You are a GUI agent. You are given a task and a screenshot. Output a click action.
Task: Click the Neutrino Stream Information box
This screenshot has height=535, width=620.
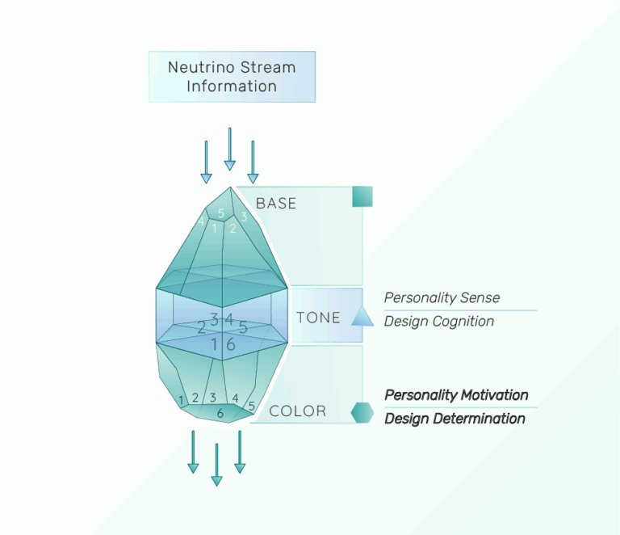(232, 77)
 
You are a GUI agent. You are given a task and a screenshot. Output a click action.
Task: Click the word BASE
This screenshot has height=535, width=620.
(276, 204)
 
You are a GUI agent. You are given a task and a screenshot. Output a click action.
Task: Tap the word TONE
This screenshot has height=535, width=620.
(318, 318)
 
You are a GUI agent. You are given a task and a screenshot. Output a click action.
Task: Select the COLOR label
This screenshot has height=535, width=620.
(297, 411)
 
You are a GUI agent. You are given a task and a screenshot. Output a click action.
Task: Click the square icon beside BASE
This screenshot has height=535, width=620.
(362, 196)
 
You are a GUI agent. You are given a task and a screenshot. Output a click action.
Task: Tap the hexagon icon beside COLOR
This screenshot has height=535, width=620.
(362, 411)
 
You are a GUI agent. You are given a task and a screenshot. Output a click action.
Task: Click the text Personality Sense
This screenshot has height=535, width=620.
(442, 297)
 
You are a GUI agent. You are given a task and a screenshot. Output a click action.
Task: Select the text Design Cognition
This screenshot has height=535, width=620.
(439, 322)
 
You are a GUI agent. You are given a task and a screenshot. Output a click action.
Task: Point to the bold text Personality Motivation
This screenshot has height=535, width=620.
(456, 395)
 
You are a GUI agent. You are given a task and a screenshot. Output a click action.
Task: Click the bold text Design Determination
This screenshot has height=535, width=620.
(455, 419)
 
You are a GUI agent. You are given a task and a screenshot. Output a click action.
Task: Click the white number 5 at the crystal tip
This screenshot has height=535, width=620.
(221, 213)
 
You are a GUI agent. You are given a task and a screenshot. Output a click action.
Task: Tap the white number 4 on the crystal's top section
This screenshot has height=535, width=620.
(201, 221)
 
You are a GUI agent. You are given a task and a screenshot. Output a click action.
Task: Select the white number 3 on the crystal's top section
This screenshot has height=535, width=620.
(244, 217)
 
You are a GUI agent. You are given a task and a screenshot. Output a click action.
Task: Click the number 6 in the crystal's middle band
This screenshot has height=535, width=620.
(231, 343)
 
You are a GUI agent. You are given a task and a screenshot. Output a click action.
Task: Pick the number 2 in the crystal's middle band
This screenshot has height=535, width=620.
(202, 327)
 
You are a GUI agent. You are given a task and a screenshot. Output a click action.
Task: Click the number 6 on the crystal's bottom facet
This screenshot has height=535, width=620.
(220, 413)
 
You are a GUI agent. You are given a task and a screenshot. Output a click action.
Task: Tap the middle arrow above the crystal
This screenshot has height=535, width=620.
(229, 149)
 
